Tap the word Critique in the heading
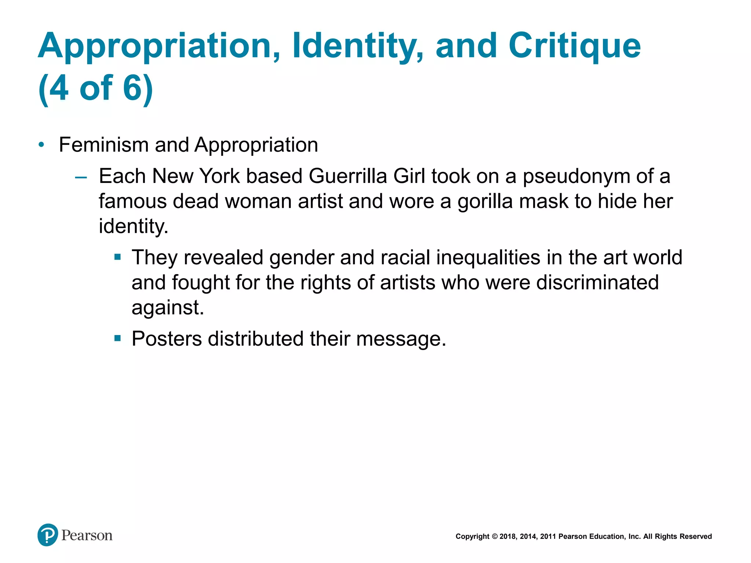coord(574,46)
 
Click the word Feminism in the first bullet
coord(103,145)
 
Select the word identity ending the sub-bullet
coord(133,227)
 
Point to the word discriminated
coord(597,283)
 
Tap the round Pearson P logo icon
coord(48,535)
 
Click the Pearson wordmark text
coord(87,536)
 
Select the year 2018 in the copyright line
coord(508,537)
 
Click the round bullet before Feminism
coord(41,145)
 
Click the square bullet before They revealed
coord(117,257)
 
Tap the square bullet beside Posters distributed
coord(117,338)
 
